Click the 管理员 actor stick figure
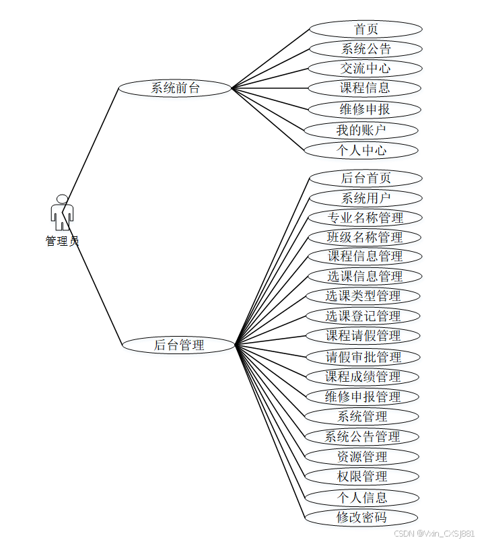point(62,212)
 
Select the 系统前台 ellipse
point(175,88)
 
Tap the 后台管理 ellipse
point(179,345)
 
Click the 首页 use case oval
point(365,29)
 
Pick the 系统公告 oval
point(365,48)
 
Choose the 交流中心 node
point(365,68)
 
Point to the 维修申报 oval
point(364,109)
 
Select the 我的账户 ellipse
point(361,130)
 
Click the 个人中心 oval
point(361,150)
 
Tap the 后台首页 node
point(365,178)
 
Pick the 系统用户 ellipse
point(365,198)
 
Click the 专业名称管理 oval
point(365,217)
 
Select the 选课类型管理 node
point(363,296)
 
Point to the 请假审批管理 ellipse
point(363,356)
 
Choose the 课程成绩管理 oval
point(363,376)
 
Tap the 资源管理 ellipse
point(362,456)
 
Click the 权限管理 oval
point(362,476)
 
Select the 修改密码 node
point(362,517)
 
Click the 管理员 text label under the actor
point(62,241)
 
